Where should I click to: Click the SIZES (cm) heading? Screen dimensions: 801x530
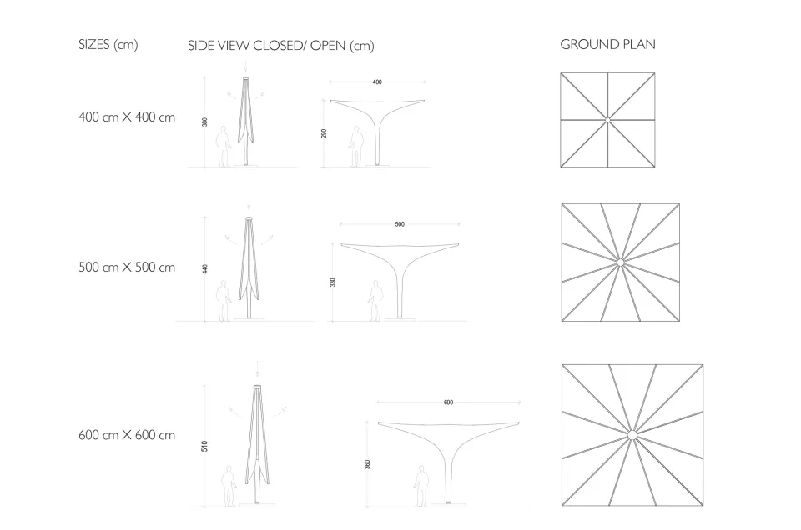(x=108, y=45)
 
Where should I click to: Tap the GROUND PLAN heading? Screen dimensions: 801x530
(x=608, y=45)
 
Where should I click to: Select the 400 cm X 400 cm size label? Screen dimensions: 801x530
(x=127, y=117)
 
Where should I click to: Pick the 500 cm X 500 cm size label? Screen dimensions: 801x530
(x=127, y=267)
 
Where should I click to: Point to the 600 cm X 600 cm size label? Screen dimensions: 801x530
(x=127, y=435)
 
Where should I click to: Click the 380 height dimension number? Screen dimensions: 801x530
(x=205, y=122)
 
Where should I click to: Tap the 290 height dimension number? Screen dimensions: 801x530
(x=324, y=133)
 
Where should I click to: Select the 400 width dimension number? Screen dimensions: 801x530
(x=377, y=82)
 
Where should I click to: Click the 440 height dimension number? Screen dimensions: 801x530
(x=205, y=269)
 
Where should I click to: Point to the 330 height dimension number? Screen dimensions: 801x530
(x=333, y=282)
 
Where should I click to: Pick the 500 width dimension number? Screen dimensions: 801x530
(x=400, y=224)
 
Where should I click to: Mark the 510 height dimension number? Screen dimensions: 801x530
(x=205, y=447)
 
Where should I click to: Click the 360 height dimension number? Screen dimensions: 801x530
(x=367, y=464)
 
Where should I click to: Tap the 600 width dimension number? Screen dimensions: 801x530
(x=448, y=402)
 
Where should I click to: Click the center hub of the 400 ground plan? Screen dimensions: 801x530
(x=607, y=120)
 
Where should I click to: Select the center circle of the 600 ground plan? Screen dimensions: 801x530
(x=632, y=435)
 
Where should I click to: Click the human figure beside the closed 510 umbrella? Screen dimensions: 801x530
(x=229, y=486)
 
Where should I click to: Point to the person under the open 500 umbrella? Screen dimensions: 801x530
(x=376, y=301)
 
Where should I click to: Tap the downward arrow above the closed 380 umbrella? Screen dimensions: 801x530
(x=245, y=67)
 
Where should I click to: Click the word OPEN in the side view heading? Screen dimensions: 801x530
(x=328, y=46)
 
